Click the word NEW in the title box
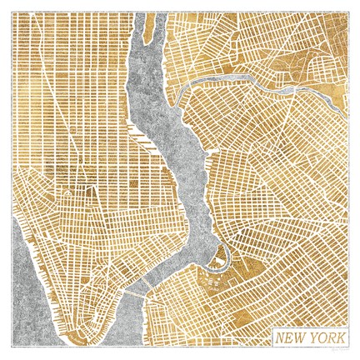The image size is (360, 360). [x=289, y=338]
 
